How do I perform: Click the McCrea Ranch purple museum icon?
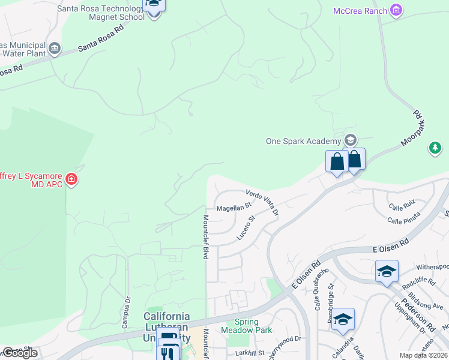(396, 10)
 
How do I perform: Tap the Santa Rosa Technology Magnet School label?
(101, 13)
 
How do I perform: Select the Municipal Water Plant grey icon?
(55, 48)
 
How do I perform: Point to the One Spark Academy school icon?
(350, 141)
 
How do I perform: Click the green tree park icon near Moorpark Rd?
(436, 147)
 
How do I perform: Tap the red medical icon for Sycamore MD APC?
(72, 179)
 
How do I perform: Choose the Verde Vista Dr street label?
(263, 202)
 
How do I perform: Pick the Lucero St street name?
(246, 229)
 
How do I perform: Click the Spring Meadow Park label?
(246, 326)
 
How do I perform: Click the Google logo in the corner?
(20, 353)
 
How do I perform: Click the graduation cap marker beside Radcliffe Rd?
(387, 271)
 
